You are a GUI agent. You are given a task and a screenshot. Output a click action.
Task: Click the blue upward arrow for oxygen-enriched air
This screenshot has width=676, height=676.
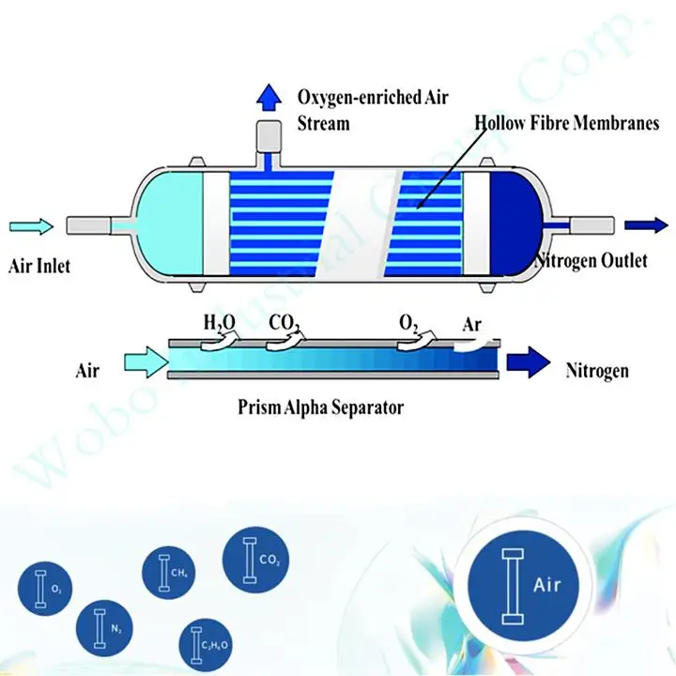270,95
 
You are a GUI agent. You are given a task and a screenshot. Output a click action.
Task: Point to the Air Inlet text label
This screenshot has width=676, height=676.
39,267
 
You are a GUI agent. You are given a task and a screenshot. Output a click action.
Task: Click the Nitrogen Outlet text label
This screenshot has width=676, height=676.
591,261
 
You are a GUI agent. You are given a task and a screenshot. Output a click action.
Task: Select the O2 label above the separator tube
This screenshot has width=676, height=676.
408,324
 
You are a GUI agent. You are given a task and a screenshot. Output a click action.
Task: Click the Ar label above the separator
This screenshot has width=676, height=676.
473,325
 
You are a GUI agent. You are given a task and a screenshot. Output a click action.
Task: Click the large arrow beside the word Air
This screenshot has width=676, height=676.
140,361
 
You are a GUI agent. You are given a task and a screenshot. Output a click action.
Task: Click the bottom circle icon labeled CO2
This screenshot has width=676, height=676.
255,561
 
